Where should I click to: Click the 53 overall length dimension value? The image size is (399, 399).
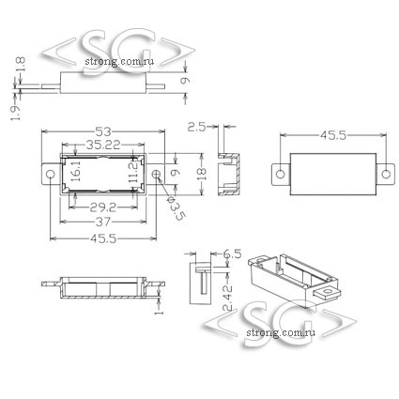(x=103, y=132)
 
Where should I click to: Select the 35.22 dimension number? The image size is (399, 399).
(x=103, y=145)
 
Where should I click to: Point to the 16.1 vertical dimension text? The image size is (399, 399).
(x=76, y=171)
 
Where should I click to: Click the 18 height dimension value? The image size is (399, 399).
(x=203, y=174)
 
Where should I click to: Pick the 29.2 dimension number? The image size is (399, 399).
(x=103, y=207)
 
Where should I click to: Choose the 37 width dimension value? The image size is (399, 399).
(x=103, y=222)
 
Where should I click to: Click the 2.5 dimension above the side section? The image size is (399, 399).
(x=196, y=127)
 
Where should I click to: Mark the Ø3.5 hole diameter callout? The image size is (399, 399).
(x=176, y=208)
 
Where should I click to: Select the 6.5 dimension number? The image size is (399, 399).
(x=232, y=253)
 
